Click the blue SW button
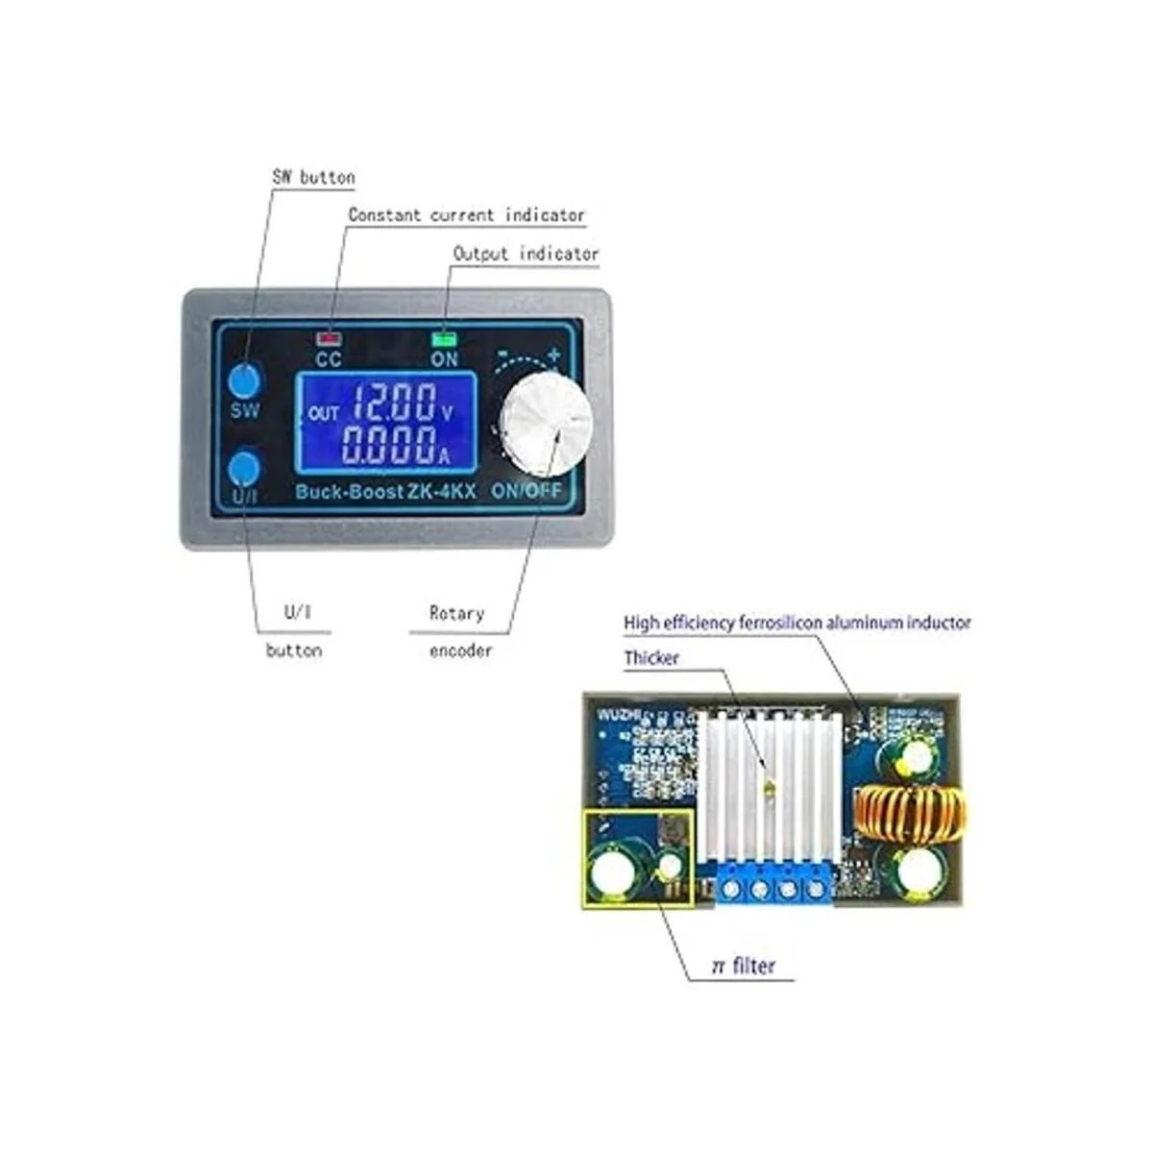point(245,380)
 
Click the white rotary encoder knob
point(543,425)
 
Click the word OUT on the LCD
point(324,413)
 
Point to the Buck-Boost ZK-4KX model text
point(384,490)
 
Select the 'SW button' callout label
point(313,178)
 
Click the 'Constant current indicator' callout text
point(466,215)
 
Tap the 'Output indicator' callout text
point(526,255)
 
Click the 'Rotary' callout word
point(456,613)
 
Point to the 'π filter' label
point(743,966)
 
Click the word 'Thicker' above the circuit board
point(651,658)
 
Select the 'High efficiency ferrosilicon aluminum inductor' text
point(797,623)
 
